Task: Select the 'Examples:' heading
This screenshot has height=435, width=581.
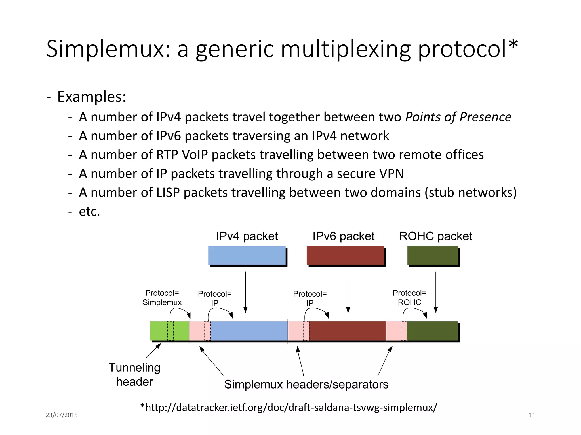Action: tap(91, 97)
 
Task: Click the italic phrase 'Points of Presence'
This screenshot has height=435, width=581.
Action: tap(458, 117)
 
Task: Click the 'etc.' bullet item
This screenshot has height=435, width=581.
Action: tap(89, 212)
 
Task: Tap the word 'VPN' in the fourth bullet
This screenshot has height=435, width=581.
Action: tap(391, 174)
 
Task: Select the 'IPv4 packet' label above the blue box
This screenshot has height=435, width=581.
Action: tap(247, 236)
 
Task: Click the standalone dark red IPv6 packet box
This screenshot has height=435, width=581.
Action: tap(345, 255)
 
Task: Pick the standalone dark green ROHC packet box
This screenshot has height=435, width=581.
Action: tap(433, 255)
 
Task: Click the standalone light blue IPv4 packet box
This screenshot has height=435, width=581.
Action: tap(247, 255)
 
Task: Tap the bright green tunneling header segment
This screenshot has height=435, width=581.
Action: tap(159, 331)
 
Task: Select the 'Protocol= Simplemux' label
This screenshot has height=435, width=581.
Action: tap(162, 298)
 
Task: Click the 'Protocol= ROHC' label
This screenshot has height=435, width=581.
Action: tap(409, 298)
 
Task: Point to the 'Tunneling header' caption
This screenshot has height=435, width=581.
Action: tap(134, 374)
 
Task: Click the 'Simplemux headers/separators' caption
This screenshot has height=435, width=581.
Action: tap(306, 385)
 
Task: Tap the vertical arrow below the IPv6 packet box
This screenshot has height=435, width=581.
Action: tap(348, 292)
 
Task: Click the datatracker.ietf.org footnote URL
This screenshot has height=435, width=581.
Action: tap(289, 408)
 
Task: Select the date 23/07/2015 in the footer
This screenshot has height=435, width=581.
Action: tap(62, 415)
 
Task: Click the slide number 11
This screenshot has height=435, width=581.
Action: tap(532, 415)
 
